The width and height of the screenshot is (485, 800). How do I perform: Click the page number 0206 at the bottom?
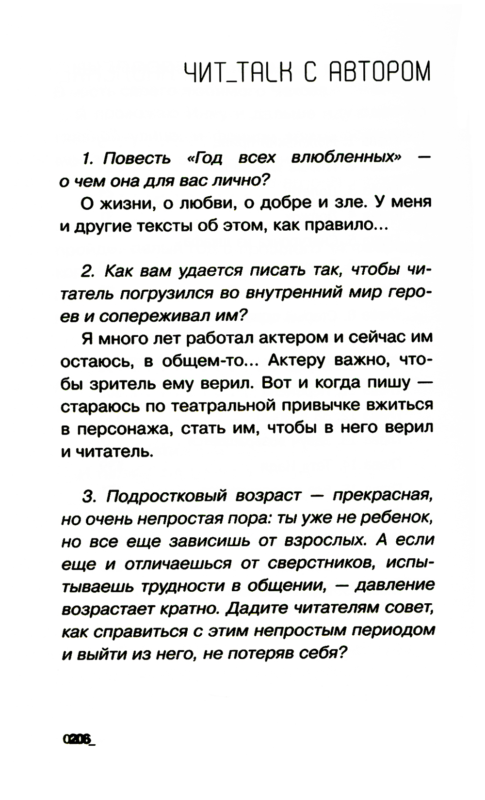78,739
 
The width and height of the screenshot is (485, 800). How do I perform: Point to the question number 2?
87,271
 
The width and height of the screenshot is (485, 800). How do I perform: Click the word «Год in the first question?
204,158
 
